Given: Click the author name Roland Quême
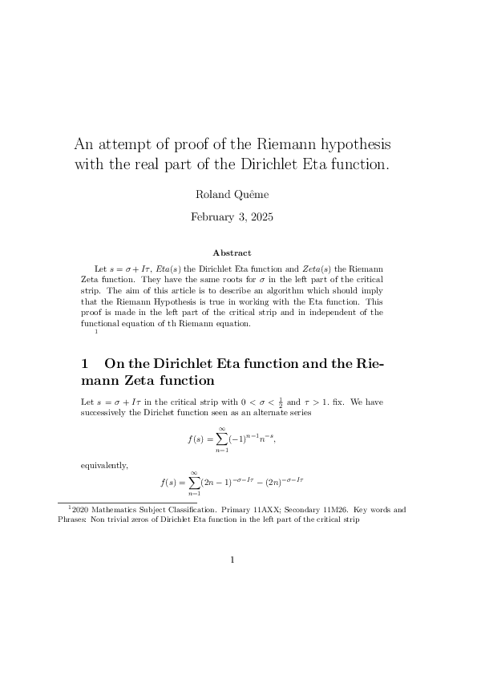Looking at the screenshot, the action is tap(232, 195).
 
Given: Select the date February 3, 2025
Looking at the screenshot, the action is tap(232, 216).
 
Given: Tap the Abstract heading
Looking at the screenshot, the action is tap(232, 253).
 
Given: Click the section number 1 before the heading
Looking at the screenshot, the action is tap(85, 363).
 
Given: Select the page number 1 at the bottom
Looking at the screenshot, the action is tap(232, 560).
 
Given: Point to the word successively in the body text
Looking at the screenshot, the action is tap(108, 412).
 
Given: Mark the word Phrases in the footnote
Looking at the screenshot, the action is tap(73, 519).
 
